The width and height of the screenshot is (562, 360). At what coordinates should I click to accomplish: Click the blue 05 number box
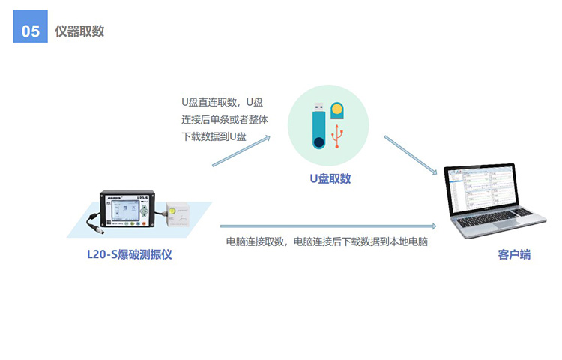31,26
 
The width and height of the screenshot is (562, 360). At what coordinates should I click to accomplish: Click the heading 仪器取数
79,31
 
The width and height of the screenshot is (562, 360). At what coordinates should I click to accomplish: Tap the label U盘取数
330,178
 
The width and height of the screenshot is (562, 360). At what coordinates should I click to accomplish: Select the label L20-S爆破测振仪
130,254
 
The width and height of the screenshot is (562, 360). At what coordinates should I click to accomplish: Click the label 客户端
514,254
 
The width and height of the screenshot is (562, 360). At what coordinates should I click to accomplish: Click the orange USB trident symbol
337,136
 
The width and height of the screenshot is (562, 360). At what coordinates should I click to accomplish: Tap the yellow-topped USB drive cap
337,110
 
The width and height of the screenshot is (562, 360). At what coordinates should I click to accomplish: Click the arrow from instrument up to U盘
241,151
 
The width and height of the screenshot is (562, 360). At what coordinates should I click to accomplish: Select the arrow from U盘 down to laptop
411,155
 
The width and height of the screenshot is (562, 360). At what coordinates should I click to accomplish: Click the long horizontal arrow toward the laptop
328,226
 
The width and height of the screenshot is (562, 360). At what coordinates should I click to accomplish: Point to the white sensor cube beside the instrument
178,214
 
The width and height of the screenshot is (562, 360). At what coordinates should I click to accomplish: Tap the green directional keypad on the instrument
144,211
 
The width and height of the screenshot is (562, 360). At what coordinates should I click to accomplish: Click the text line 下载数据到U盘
214,136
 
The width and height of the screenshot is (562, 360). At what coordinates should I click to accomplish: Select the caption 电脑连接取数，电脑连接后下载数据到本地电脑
327,241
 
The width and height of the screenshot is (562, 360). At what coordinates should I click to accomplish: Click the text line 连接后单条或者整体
224,119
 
